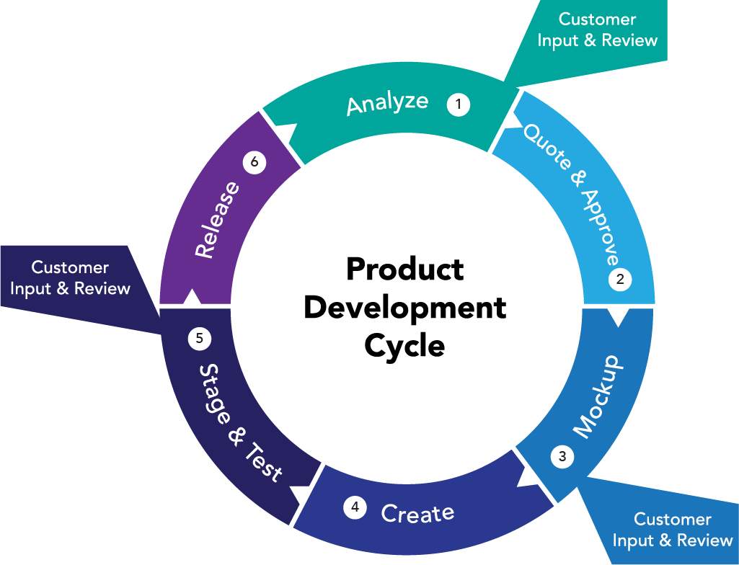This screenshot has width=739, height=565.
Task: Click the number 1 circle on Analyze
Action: tap(458, 104)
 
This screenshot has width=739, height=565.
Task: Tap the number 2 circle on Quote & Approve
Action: tap(619, 279)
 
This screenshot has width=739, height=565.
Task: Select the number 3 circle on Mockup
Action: tap(562, 456)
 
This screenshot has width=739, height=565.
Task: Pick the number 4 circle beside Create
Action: tap(354, 507)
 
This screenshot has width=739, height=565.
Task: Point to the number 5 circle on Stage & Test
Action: tap(199, 337)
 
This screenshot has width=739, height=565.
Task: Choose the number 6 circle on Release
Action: tap(254, 162)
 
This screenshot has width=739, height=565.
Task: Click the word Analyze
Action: tap(387, 103)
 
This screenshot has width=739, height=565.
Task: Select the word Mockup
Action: tap(597, 396)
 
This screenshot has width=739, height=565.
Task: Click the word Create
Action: tap(417, 513)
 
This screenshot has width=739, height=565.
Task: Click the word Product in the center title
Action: tap(404, 270)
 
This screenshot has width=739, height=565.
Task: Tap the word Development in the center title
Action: tap(404, 308)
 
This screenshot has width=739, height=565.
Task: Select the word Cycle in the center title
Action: tap(404, 345)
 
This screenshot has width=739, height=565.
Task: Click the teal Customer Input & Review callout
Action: tap(597, 30)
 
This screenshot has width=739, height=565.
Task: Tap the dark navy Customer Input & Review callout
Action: tap(70, 278)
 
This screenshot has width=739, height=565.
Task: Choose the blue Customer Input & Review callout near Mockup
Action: tap(672, 529)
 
